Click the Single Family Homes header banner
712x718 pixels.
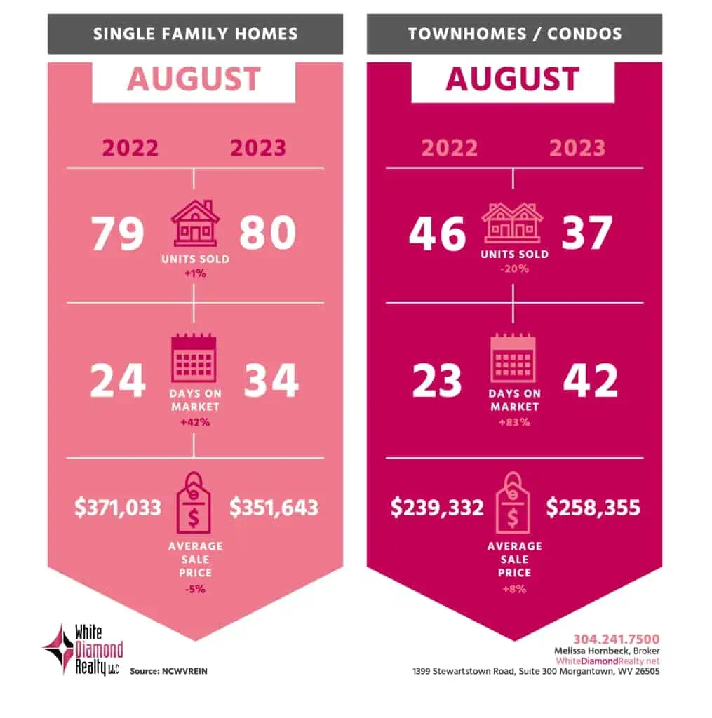pyautogui.click(x=195, y=34)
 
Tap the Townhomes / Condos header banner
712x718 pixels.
pyautogui.click(x=514, y=34)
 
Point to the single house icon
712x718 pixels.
pyautogui.click(x=195, y=223)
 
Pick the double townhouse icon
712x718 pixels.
pyautogui.click(x=513, y=223)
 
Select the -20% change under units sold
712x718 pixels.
pyautogui.click(x=514, y=267)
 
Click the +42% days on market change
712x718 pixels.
pyautogui.click(x=195, y=422)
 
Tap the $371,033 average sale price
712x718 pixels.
pyautogui.click(x=118, y=508)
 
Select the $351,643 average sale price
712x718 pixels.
pyautogui.click(x=274, y=508)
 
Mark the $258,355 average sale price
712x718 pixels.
pyautogui.click(x=593, y=508)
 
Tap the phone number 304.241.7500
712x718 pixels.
pyautogui.click(x=616, y=639)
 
